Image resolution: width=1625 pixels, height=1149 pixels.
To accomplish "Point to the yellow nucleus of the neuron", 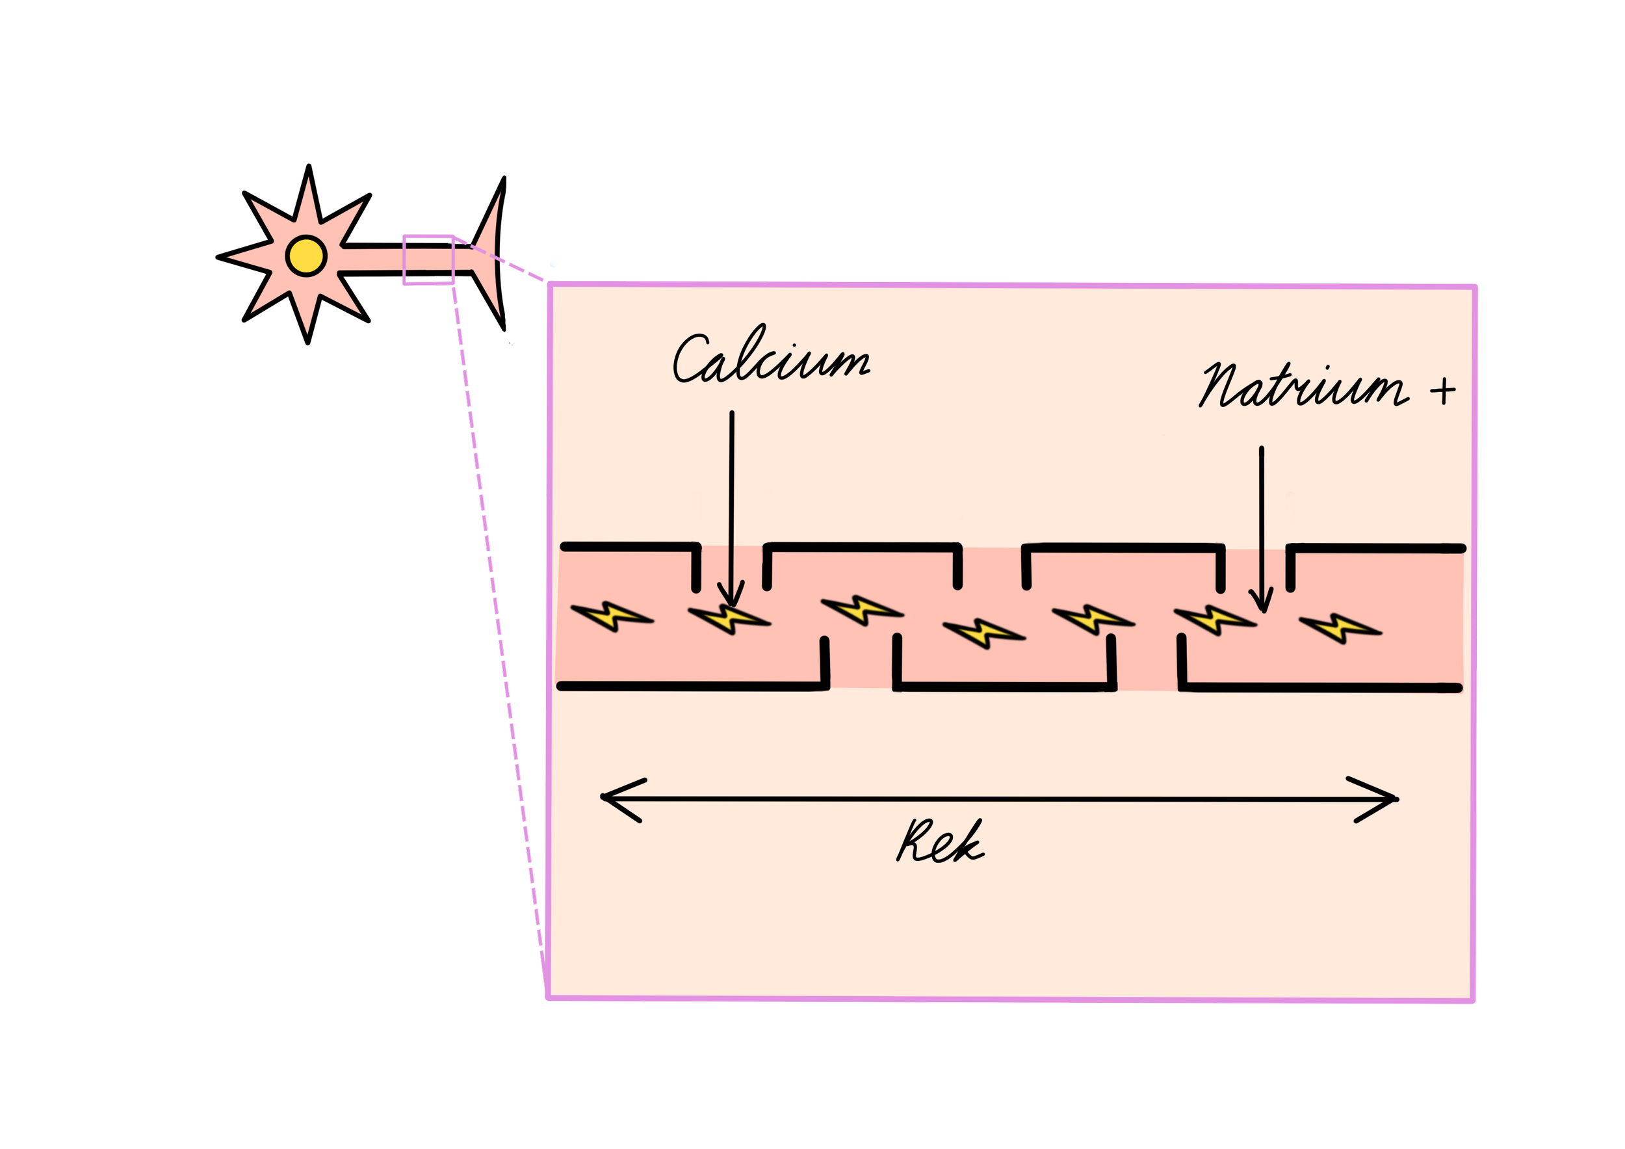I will [x=305, y=256].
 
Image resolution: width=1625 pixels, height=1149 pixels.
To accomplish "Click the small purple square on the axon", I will [x=428, y=261].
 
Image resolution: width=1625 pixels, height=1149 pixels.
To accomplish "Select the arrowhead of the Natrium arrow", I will [x=1260, y=601].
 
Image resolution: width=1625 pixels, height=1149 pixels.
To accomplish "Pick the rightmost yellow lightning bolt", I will [x=1340, y=627].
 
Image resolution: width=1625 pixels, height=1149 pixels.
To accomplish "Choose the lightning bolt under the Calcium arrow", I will [x=729, y=619].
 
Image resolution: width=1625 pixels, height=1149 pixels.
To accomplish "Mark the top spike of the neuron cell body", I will [x=309, y=198].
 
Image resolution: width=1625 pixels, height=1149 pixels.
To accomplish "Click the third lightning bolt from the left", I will [x=861, y=609].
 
